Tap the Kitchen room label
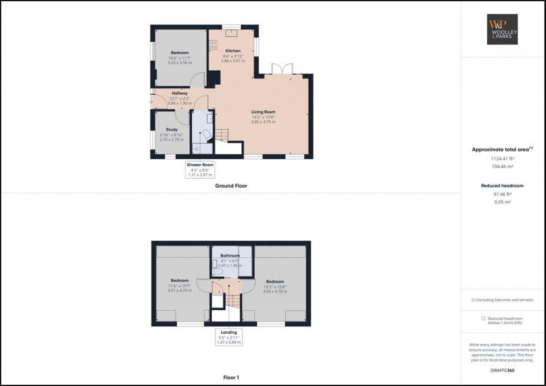[233, 51]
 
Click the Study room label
[172, 130]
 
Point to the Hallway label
[179, 93]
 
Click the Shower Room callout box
[200, 169]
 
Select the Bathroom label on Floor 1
[230, 256]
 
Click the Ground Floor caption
[231, 186]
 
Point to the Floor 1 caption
[231, 378]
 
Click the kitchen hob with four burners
[213, 46]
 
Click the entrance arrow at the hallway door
[151, 101]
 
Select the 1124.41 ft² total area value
[503, 159]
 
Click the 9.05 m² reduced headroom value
[503, 203]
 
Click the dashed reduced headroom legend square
[483, 319]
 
